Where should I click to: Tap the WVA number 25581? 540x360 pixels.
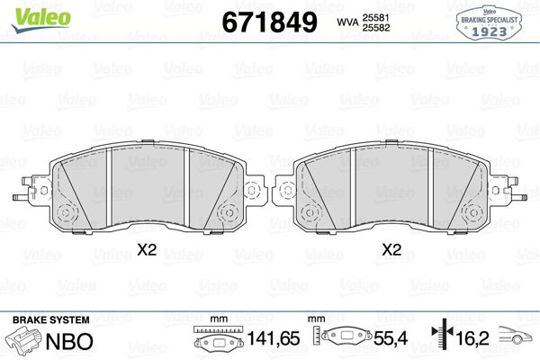376,15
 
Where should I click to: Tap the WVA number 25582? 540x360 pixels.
376,27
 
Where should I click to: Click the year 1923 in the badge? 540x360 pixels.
492,29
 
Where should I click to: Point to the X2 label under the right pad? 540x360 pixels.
391,250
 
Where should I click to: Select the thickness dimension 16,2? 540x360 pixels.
474,341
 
